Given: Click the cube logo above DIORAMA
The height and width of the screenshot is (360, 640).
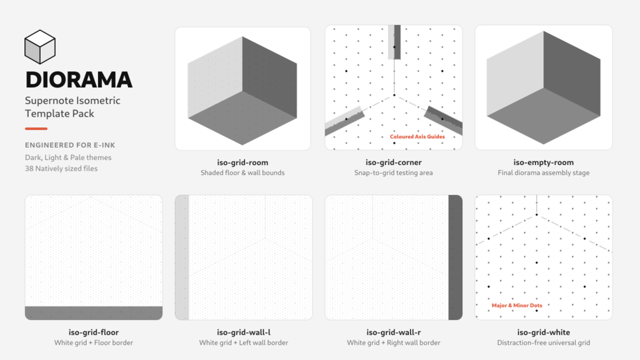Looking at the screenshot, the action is tap(39, 47).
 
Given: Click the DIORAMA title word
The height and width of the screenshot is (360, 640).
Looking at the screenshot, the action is tap(79, 80).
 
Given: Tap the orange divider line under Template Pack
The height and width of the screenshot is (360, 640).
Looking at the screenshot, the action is tap(36, 129).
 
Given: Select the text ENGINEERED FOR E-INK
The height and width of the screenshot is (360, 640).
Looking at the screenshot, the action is tap(70, 145).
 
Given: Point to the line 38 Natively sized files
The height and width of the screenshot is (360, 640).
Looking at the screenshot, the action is tap(61, 168).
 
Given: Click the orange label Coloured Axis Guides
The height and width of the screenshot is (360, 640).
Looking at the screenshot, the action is tap(417, 137).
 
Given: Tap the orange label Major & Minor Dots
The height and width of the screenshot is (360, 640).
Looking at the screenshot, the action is tap(516, 305).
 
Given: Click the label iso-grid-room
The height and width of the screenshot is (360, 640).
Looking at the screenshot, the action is tap(243, 162).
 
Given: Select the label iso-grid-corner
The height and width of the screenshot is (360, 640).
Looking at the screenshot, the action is tap(394, 162).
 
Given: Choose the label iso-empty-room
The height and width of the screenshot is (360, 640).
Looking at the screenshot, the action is tap(543, 162).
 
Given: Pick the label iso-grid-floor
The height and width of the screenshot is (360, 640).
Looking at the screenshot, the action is tap(94, 332).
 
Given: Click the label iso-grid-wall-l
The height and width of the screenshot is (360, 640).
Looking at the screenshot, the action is tap(243, 332).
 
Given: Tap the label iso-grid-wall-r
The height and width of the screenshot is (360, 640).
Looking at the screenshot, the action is tap(394, 332).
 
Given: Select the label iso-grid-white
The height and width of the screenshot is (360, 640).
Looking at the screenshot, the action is tap(543, 332).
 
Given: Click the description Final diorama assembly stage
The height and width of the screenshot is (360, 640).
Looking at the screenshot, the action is tap(543, 173).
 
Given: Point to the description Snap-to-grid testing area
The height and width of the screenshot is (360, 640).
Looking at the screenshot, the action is tap(394, 173).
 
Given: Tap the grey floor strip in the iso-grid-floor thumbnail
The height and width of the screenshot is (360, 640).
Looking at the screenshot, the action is tap(94, 313).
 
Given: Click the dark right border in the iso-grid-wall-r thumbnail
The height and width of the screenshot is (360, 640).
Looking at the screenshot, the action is tap(455, 257).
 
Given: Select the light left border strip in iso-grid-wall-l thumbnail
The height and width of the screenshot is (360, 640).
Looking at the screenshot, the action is tap(182, 257).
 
